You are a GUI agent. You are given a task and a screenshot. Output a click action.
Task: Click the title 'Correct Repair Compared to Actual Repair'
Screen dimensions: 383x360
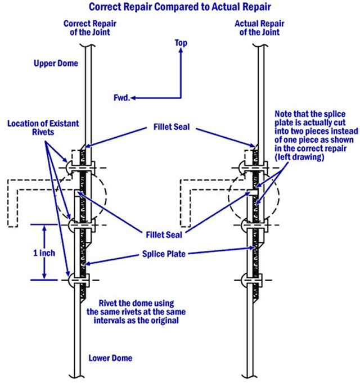[180, 8]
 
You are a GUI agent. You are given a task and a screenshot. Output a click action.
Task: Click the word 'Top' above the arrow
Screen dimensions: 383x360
[181, 43]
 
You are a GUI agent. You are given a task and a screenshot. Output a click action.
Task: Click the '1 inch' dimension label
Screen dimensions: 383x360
[43, 253]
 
